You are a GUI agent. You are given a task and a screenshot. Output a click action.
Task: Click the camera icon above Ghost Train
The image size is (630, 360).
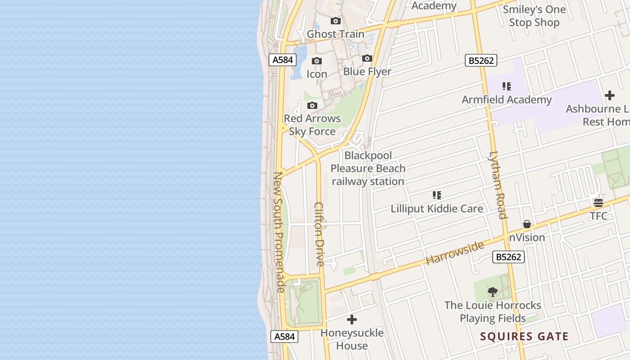click(336, 21)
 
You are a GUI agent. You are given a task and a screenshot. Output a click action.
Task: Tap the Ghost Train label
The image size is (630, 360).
click(336, 34)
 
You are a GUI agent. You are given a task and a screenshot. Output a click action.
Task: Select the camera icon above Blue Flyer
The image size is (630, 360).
click(367, 58)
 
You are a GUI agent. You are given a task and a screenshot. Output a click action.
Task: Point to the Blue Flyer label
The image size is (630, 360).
click(367, 72)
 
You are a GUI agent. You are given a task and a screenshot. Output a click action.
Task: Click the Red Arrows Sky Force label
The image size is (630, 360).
click(312, 125)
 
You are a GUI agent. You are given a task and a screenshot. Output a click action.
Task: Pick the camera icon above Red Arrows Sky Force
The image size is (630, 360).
click(312, 105)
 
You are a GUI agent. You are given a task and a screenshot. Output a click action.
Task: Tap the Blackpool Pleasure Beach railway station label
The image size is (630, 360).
click(368, 169)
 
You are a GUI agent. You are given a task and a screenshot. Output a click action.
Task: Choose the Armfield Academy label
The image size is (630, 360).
click(507, 100)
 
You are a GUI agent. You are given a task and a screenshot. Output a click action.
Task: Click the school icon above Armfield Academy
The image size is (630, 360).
click(507, 86)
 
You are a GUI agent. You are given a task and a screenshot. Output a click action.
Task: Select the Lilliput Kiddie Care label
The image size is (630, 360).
click(437, 209)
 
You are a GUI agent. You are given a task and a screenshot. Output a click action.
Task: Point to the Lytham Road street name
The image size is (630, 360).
click(498, 184)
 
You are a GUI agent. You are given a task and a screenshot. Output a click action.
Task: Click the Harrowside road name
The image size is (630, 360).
click(454, 253)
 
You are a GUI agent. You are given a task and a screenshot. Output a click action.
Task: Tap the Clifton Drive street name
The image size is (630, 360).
click(319, 234)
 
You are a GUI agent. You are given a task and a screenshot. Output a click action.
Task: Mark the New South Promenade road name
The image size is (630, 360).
click(279, 232)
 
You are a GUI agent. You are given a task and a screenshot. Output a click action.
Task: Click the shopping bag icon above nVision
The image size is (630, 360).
click(527, 224)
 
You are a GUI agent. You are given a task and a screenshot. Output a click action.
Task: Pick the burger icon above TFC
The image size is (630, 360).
click(598, 202)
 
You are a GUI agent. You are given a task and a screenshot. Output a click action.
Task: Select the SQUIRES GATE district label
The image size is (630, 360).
click(524, 336)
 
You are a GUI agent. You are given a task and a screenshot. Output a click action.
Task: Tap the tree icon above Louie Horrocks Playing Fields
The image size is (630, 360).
click(493, 292)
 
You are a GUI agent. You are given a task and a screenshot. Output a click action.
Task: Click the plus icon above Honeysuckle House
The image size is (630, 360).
click(352, 319)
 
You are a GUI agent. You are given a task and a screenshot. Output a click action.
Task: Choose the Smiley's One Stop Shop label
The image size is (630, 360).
click(534, 16)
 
